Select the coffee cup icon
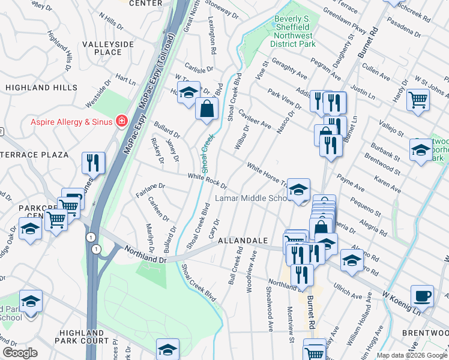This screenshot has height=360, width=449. (422, 296)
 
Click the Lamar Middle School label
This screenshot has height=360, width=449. (253, 198)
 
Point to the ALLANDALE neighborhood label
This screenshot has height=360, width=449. (242, 240)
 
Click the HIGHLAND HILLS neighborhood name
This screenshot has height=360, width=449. (41, 88)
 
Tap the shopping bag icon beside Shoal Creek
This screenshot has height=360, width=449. (206, 109)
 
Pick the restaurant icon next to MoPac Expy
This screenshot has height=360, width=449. (93, 162)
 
